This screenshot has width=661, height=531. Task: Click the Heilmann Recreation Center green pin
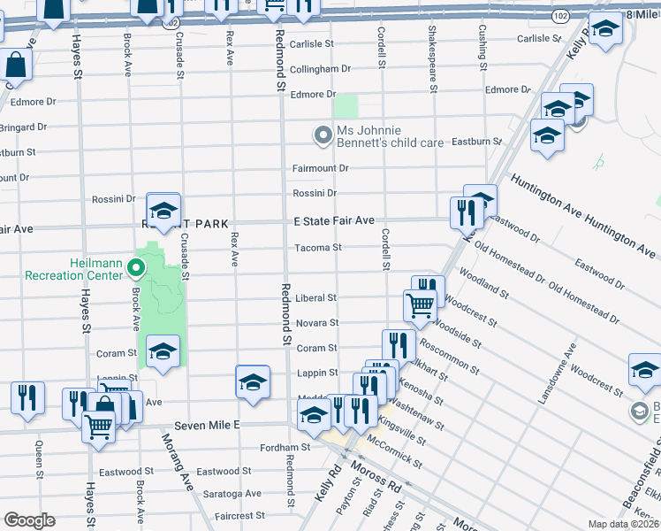pos(135,266)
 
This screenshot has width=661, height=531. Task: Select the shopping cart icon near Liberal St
pos(420,305)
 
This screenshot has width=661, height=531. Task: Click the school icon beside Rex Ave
pos(253,381)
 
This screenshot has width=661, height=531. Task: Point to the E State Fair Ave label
pos(334,220)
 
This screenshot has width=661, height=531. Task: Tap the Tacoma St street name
pos(317,248)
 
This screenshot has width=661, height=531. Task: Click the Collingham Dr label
pos(320,69)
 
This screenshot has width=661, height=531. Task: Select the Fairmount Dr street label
pos(321,168)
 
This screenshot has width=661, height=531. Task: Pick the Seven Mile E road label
pos(208,426)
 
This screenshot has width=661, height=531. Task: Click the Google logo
pos(28,520)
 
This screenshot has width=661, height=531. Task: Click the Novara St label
pos(316,323)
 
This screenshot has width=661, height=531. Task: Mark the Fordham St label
pos(285,448)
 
